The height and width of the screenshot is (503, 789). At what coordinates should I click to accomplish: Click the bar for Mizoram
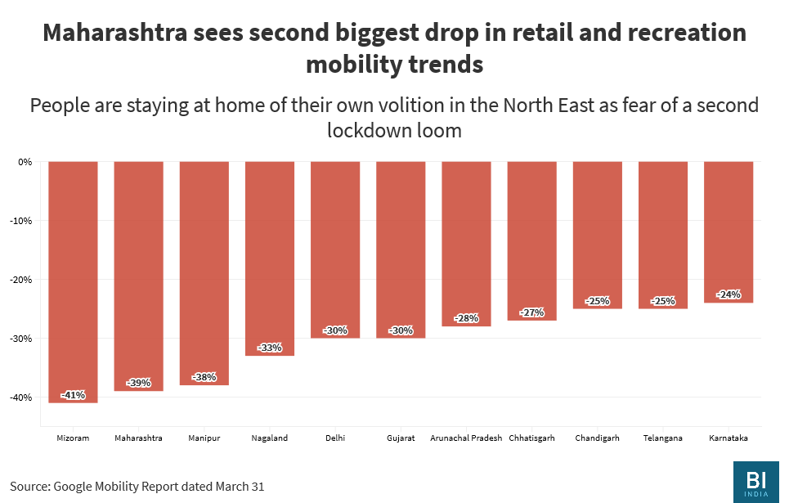(x=73, y=282)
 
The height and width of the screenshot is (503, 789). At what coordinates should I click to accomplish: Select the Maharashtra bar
(x=138, y=276)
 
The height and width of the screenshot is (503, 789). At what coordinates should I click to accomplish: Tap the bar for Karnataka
(x=728, y=232)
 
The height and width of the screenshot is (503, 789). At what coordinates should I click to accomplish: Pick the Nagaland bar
(x=270, y=258)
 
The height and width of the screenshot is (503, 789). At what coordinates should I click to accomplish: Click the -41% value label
(x=73, y=395)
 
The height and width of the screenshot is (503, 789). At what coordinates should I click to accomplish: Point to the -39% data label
(x=138, y=383)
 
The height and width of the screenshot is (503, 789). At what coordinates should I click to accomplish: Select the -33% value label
(x=270, y=348)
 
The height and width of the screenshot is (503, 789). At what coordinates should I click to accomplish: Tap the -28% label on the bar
(x=466, y=318)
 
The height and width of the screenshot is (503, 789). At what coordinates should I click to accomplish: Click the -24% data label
(x=728, y=294)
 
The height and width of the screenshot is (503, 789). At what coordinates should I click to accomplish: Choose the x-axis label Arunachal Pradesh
(x=466, y=438)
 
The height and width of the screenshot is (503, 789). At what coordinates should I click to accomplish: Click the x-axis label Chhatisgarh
(x=531, y=438)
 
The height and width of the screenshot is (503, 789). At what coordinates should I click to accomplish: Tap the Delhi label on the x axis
(x=335, y=438)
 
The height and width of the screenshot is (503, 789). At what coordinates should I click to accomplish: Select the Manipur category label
(x=204, y=438)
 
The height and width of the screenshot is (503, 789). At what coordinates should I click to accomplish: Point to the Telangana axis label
(x=662, y=438)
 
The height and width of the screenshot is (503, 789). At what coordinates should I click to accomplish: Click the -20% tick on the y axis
(x=20, y=280)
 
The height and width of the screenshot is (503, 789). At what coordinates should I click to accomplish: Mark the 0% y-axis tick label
(x=25, y=162)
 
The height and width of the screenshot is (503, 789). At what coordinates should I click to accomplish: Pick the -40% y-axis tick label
(x=20, y=397)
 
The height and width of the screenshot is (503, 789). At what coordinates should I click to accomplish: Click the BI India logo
(x=755, y=482)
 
